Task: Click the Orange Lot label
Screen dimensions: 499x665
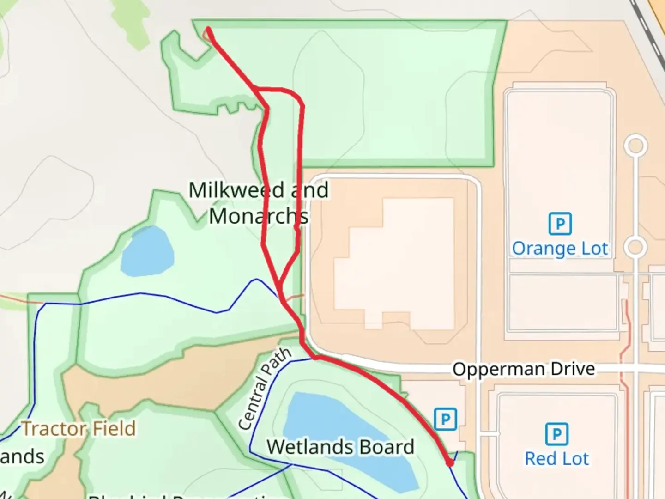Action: (560, 249)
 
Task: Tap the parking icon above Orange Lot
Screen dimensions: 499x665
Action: (560, 224)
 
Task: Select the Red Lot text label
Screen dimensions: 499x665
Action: (557, 459)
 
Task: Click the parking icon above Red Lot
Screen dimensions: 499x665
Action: (557, 434)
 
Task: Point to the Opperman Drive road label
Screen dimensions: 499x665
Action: (523, 369)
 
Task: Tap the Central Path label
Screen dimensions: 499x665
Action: (265, 389)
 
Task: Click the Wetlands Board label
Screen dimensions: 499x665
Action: (340, 447)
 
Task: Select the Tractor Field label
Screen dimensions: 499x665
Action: (79, 429)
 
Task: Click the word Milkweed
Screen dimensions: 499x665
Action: (236, 190)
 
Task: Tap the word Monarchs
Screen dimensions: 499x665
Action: (259, 216)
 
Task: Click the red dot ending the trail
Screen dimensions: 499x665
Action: (450, 462)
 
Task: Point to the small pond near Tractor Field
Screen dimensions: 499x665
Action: (147, 252)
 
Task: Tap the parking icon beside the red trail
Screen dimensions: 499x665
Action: (446, 419)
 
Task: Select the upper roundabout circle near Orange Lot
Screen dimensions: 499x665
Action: (635, 146)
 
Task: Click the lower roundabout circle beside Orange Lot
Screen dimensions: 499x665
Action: (635, 247)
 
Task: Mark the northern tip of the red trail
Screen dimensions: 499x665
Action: (209, 30)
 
